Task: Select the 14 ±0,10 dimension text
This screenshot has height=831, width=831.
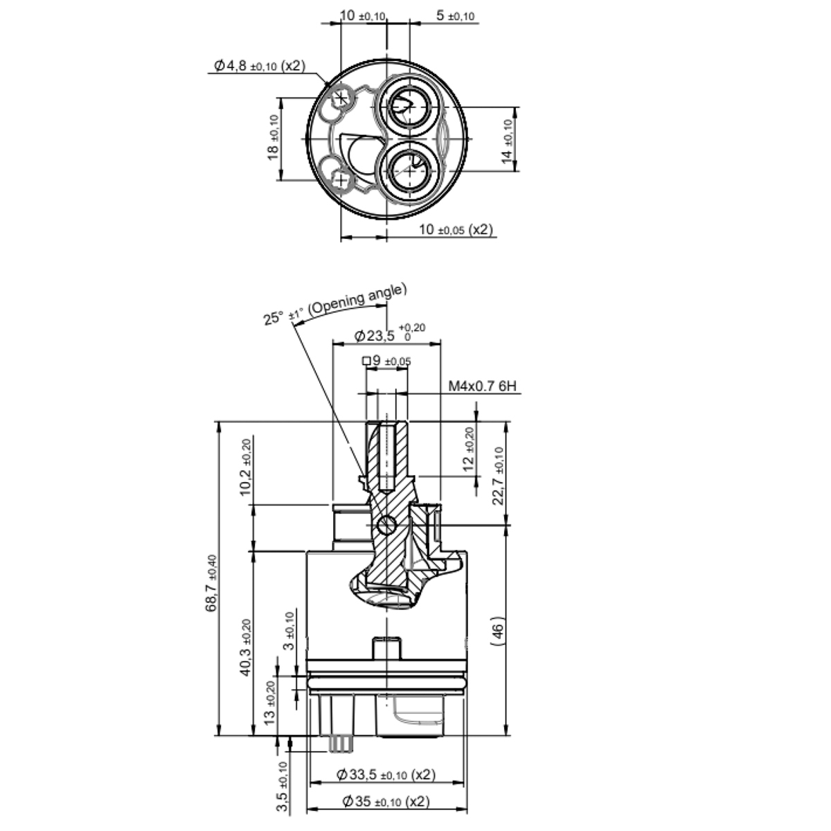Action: [x=508, y=142]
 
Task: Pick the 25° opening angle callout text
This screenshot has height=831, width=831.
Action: [x=335, y=304]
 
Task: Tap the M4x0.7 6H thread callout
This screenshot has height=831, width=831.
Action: [x=482, y=386]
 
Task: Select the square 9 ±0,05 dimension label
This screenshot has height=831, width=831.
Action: [x=386, y=361]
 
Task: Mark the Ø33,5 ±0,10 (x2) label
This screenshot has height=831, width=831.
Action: [x=386, y=774]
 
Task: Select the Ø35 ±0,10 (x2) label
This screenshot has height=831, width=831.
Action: [x=386, y=801]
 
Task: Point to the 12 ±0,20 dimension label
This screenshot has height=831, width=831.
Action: [x=469, y=450]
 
